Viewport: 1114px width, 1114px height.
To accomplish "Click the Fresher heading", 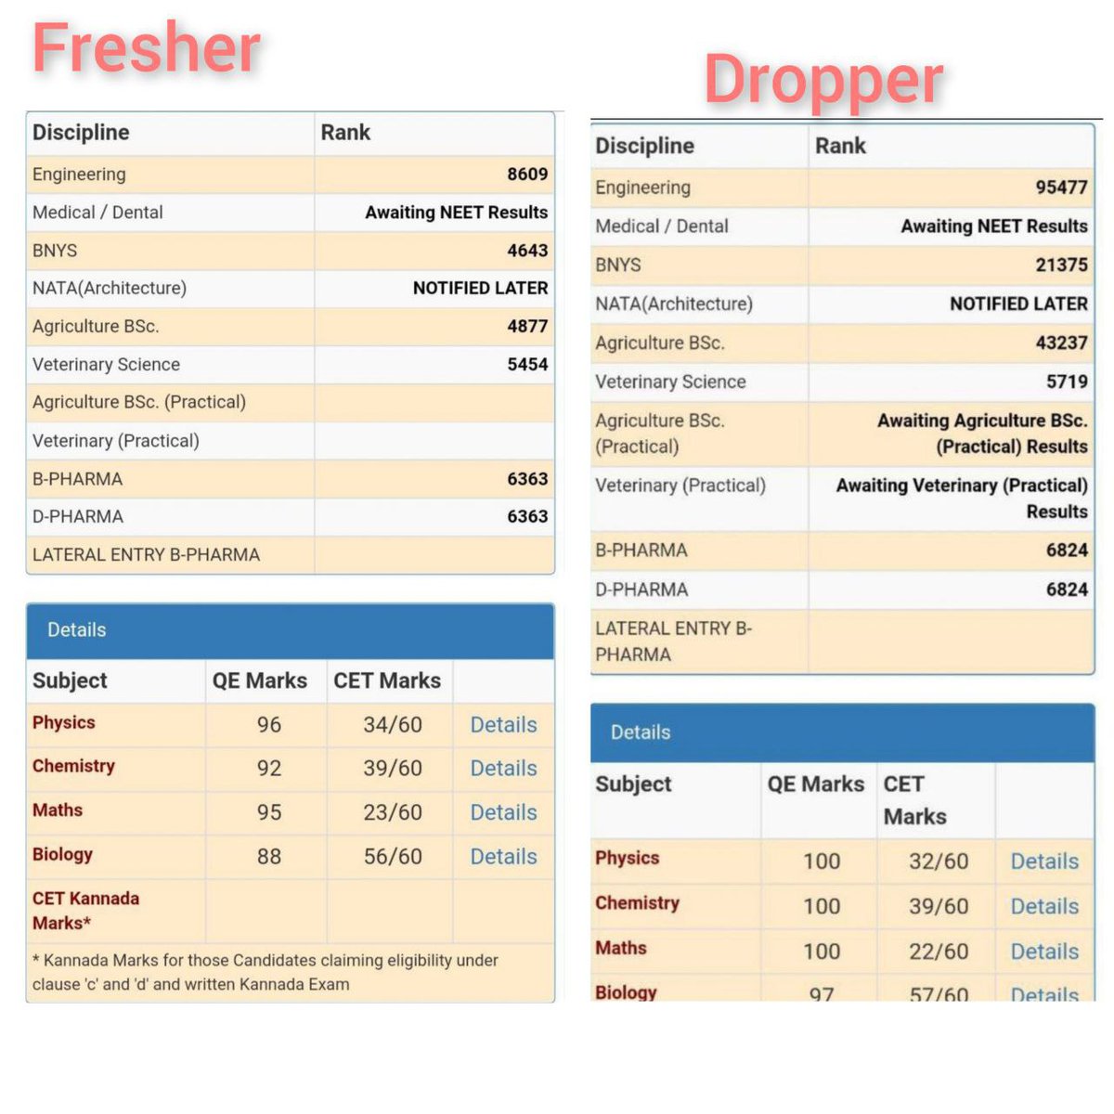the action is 147,47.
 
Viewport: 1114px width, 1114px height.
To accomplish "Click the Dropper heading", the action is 823,80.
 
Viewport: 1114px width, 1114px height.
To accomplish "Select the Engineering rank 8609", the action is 527,174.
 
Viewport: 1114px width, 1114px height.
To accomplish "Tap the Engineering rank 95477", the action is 1061,188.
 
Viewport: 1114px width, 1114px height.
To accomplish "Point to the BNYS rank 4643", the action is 527,251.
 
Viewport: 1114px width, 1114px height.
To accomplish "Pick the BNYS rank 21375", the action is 1061,265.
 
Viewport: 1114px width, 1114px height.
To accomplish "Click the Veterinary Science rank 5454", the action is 527,364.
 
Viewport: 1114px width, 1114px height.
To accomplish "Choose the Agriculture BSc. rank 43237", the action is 1061,343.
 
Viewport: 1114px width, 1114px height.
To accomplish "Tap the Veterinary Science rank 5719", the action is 1067,382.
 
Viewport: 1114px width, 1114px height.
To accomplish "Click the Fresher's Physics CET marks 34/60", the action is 393,725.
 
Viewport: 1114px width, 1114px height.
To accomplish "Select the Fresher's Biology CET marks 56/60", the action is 393,857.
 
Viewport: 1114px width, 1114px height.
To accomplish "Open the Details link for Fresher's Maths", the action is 503,813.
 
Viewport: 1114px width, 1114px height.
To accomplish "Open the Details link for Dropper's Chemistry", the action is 1044,906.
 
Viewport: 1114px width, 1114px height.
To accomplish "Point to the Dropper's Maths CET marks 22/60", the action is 939,952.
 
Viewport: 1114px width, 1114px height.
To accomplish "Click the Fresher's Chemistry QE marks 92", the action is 269,769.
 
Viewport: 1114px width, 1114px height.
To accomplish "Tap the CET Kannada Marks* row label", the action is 85,911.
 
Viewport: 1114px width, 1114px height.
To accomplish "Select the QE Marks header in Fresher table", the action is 260,680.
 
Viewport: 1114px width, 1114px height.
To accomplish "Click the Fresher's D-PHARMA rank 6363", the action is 527,516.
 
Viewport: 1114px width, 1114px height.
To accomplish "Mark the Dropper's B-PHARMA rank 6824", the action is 1067,550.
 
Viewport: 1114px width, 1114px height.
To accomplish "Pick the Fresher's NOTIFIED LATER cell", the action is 480,288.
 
